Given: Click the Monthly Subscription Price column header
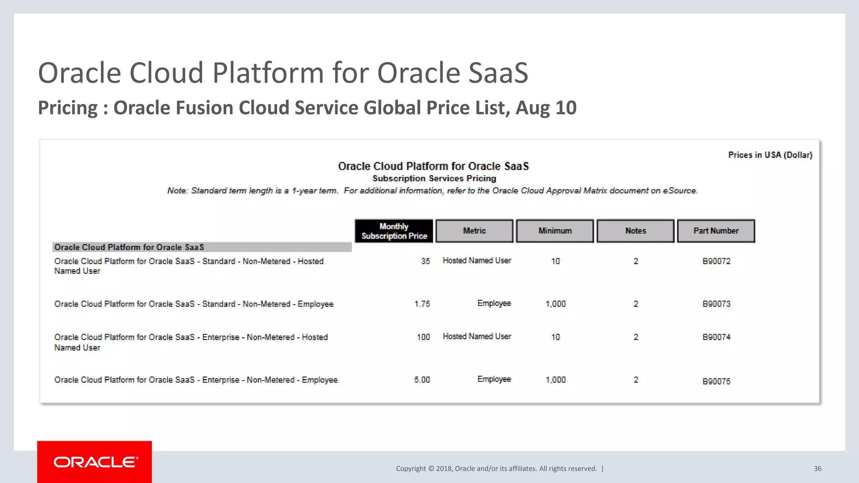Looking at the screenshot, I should click(x=394, y=231).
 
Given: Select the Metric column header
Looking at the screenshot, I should click(x=474, y=231).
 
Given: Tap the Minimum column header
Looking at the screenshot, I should click(x=555, y=231).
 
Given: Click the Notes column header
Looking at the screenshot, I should click(x=635, y=231).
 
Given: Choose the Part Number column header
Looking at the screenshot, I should click(x=716, y=231).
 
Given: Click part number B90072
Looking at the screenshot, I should click(x=716, y=261).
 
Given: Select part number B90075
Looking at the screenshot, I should click(x=716, y=382).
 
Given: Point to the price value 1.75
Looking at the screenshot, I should click(x=422, y=304).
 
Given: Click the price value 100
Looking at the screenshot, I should click(x=423, y=337).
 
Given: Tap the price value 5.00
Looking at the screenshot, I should click(x=422, y=380).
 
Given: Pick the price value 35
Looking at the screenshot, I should click(x=425, y=261).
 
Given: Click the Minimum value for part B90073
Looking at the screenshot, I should click(x=555, y=304).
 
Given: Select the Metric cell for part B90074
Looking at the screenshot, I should click(x=477, y=337).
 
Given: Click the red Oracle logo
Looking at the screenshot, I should click(x=95, y=462).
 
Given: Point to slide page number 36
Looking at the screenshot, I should click(x=817, y=469).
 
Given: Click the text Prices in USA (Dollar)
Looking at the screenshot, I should click(x=770, y=155).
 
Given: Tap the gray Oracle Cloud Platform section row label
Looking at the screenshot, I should click(x=129, y=247).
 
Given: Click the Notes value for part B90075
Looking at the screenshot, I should click(x=636, y=380).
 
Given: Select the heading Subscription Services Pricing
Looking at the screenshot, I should click(x=434, y=179).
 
